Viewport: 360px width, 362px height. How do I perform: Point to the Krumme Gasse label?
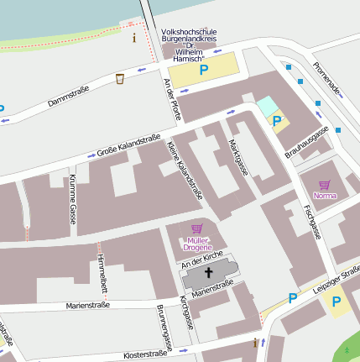click(72, 199)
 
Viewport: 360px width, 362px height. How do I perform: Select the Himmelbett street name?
click(101, 271)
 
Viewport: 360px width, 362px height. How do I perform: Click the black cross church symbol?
click(206, 273)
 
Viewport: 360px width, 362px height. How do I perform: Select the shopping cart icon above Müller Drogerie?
click(197, 228)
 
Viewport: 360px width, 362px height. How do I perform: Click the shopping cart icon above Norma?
click(324, 185)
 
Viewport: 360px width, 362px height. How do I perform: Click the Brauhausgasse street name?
click(306, 141)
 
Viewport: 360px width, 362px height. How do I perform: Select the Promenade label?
click(327, 77)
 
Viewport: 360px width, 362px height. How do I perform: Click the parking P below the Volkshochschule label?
click(203, 71)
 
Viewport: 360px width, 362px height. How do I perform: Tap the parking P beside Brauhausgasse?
click(276, 121)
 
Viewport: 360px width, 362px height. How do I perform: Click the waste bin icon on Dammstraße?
click(120, 78)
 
